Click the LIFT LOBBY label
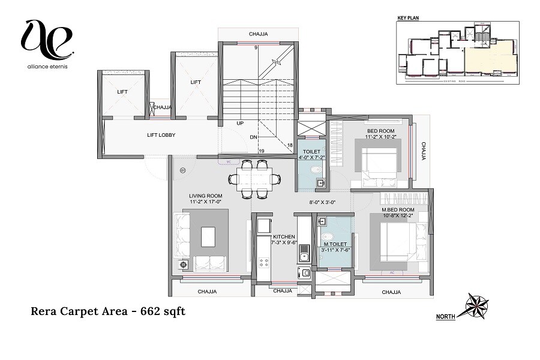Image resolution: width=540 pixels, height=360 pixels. click(161, 135)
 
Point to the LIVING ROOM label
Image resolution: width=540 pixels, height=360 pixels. click(206, 196)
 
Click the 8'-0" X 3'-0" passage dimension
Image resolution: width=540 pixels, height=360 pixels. click(322, 202)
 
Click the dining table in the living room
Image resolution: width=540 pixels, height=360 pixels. click(253, 178)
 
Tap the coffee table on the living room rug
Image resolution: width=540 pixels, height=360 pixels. click(208, 236)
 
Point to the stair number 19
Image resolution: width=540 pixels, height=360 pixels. click(261, 151)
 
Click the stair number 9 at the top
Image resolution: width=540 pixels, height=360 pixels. click(256, 47)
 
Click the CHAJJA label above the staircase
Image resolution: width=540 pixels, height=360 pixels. click(259, 34)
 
